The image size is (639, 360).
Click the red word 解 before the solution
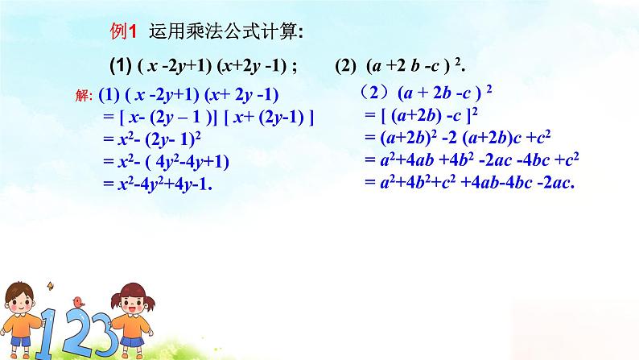(x=84, y=95)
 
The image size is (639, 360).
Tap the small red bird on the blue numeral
(x=78, y=301)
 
